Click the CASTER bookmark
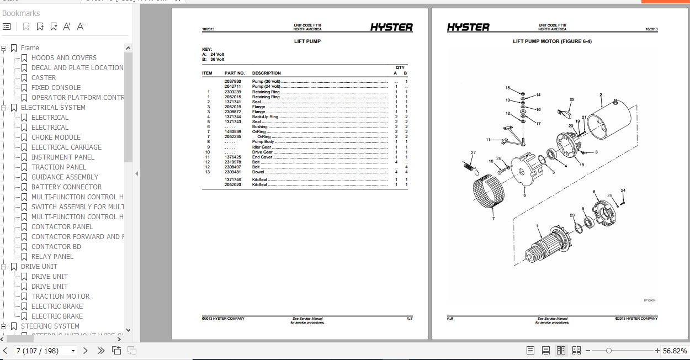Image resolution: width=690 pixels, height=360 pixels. tap(44, 78)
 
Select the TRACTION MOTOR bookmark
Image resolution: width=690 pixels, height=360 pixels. tap(60, 297)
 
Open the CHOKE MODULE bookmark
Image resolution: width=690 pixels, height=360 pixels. tap(56, 137)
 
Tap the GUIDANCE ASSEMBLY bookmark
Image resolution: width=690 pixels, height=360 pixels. tap(65, 177)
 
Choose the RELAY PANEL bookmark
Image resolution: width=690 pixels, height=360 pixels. tap(52, 257)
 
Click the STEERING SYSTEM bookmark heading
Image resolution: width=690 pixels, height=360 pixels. tap(50, 326)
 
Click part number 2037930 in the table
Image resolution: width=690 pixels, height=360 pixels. tap(232, 82)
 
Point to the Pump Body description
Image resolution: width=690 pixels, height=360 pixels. tap(263, 142)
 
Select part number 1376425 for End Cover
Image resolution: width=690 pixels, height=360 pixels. tap(232, 157)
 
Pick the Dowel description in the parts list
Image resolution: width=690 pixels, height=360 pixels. tap(258, 172)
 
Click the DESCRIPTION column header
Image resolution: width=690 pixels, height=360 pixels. tap(266, 73)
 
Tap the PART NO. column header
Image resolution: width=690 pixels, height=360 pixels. tap(234, 73)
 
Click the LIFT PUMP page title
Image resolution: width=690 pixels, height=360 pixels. tap(307, 41)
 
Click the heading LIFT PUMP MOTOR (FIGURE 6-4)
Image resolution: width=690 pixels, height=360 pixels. tap(552, 41)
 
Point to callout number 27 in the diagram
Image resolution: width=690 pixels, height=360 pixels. tap(473, 152)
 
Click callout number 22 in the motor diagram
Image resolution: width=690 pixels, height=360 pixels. tap(572, 99)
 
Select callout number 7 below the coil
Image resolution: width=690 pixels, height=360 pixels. tap(493, 219)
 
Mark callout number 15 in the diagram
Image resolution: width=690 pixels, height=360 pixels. tap(508, 88)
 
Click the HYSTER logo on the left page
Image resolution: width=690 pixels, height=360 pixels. tap(391, 27)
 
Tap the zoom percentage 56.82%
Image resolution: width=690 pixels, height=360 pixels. tap(675, 351)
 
